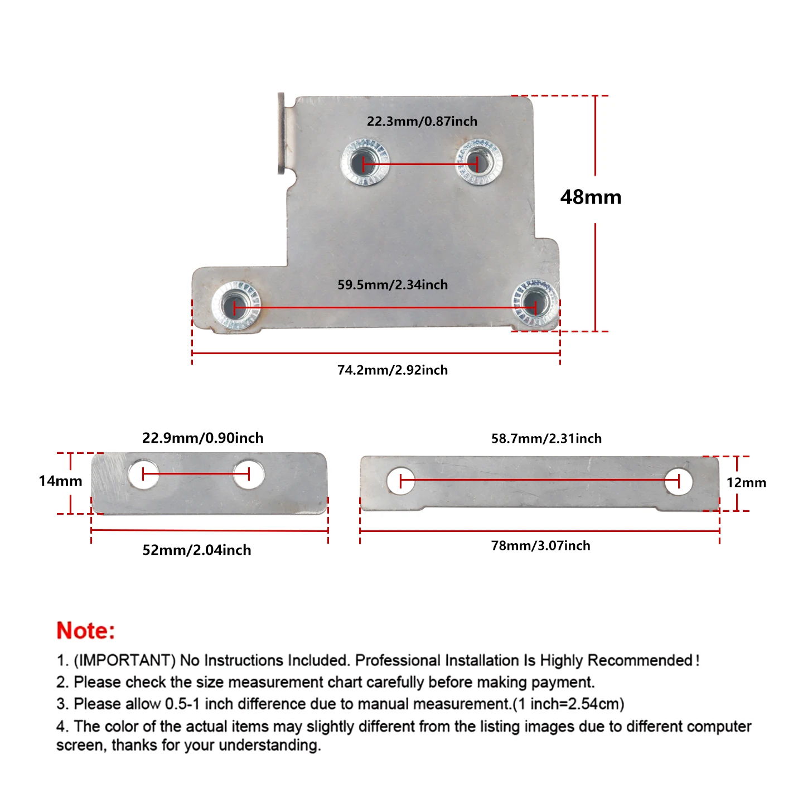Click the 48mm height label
tap(590, 197)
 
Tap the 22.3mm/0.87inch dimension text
tap(422, 121)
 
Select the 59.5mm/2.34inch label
tap(392, 284)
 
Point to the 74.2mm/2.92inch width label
tap(392, 370)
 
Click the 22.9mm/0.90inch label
tap(202, 438)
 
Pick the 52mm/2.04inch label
tap(197, 550)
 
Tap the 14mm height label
tap(60, 481)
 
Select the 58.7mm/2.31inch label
tap(546, 438)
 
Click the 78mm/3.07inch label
tap(540, 545)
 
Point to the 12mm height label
tap(746, 482)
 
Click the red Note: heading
tap(85, 631)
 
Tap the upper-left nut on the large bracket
tap(364, 162)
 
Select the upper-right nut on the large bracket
tap(478, 161)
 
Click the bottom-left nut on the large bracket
tap(235, 306)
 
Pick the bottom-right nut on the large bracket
tap(535, 304)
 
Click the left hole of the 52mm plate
tap(143, 474)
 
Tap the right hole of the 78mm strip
tap(679, 482)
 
